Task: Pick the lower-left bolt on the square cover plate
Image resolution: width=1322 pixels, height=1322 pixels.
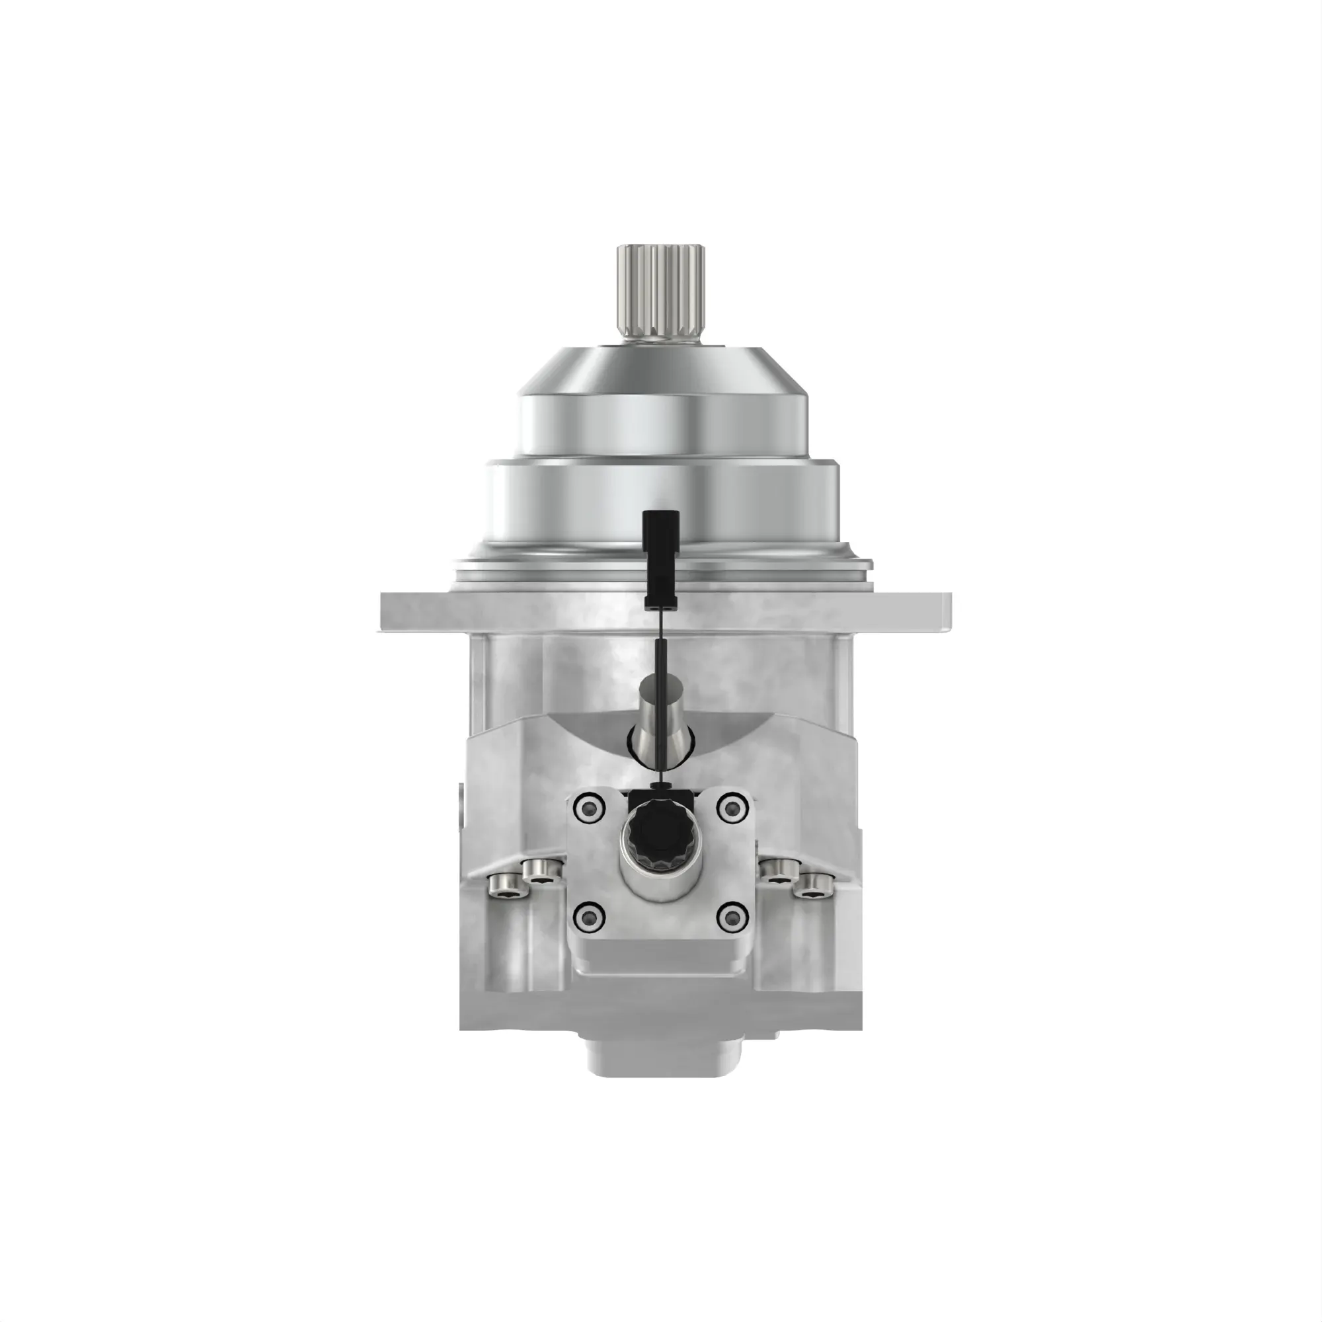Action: click(x=590, y=915)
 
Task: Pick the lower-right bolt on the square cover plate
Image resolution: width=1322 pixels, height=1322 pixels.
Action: click(x=732, y=915)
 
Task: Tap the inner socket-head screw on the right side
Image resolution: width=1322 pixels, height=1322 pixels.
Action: click(x=778, y=871)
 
